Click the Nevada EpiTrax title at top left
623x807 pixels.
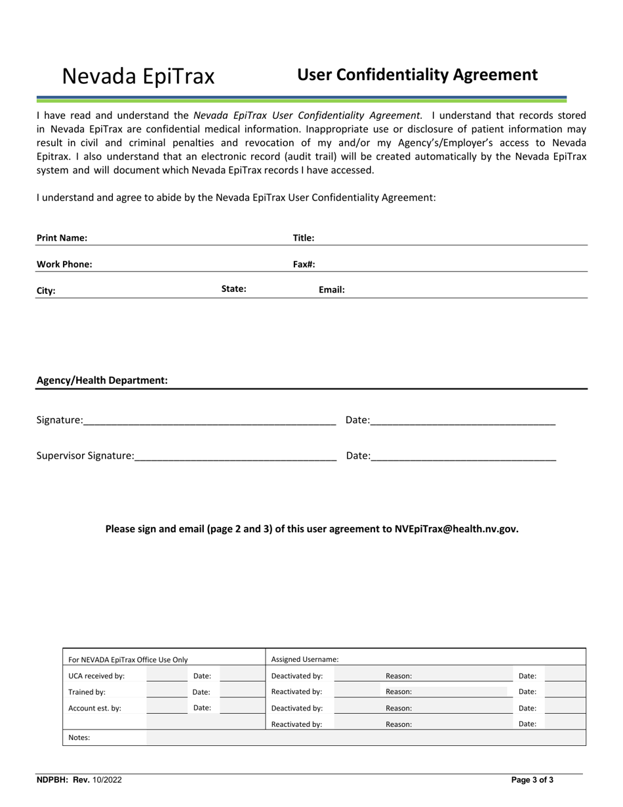138,77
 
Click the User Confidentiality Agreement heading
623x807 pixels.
417,75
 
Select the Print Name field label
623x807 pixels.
62,238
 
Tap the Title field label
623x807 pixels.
303,238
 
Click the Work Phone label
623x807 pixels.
64,264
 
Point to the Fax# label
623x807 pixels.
304,264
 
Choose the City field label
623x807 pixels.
46,291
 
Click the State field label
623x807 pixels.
233,289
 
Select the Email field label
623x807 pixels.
331,289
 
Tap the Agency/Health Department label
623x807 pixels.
102,381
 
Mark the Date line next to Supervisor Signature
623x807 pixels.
463,455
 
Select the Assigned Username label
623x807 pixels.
305,659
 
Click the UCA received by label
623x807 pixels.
96,676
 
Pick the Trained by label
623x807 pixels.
87,692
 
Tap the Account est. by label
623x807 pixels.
94,708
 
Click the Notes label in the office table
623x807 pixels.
79,737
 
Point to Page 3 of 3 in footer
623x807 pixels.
532,780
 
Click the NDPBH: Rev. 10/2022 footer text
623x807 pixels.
79,780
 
